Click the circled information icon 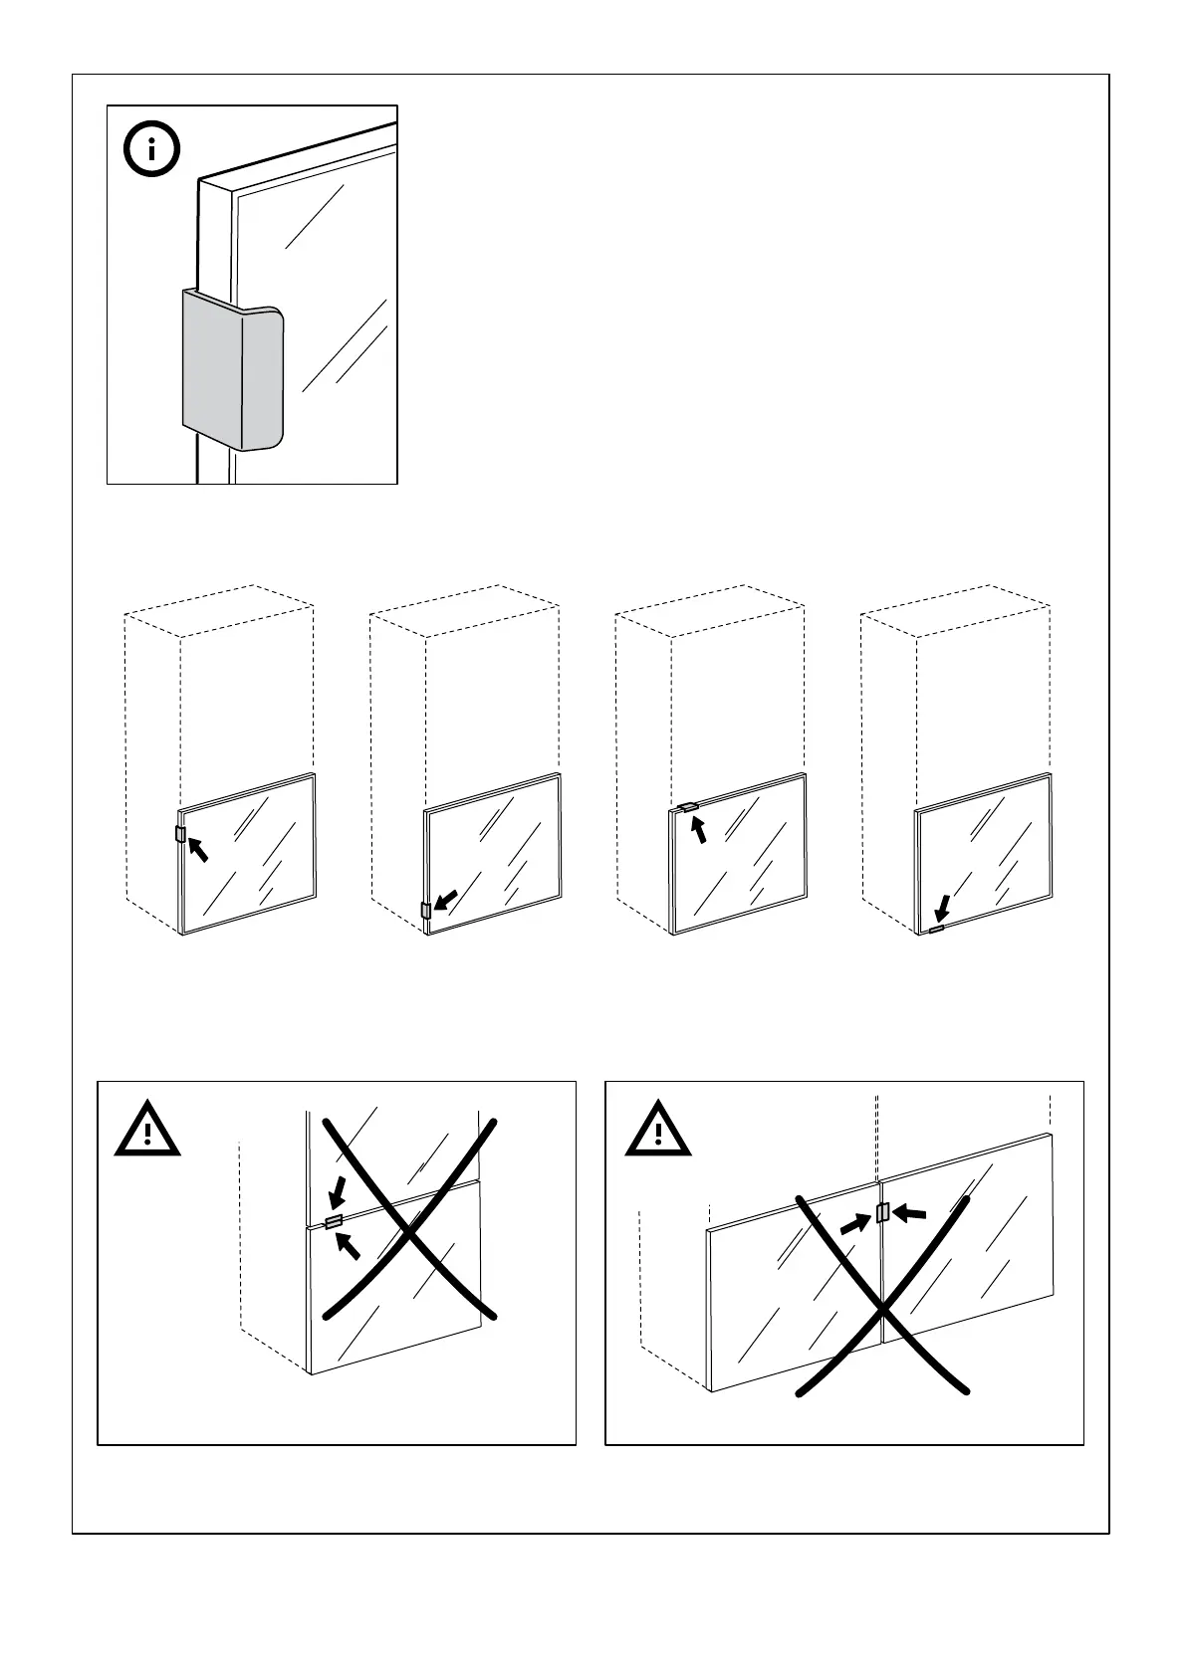(x=151, y=150)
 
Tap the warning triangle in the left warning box (x=147, y=1131)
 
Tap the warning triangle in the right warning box (x=657, y=1131)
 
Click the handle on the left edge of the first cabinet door (x=180, y=833)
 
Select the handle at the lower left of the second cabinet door (x=426, y=910)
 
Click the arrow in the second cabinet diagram (x=447, y=899)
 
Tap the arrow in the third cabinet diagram (x=700, y=828)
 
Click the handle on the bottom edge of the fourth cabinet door (x=935, y=929)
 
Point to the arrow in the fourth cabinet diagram (x=943, y=909)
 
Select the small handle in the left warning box (x=334, y=1220)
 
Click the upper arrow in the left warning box (x=338, y=1191)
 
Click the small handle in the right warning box (x=881, y=1211)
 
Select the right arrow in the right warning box (x=909, y=1212)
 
